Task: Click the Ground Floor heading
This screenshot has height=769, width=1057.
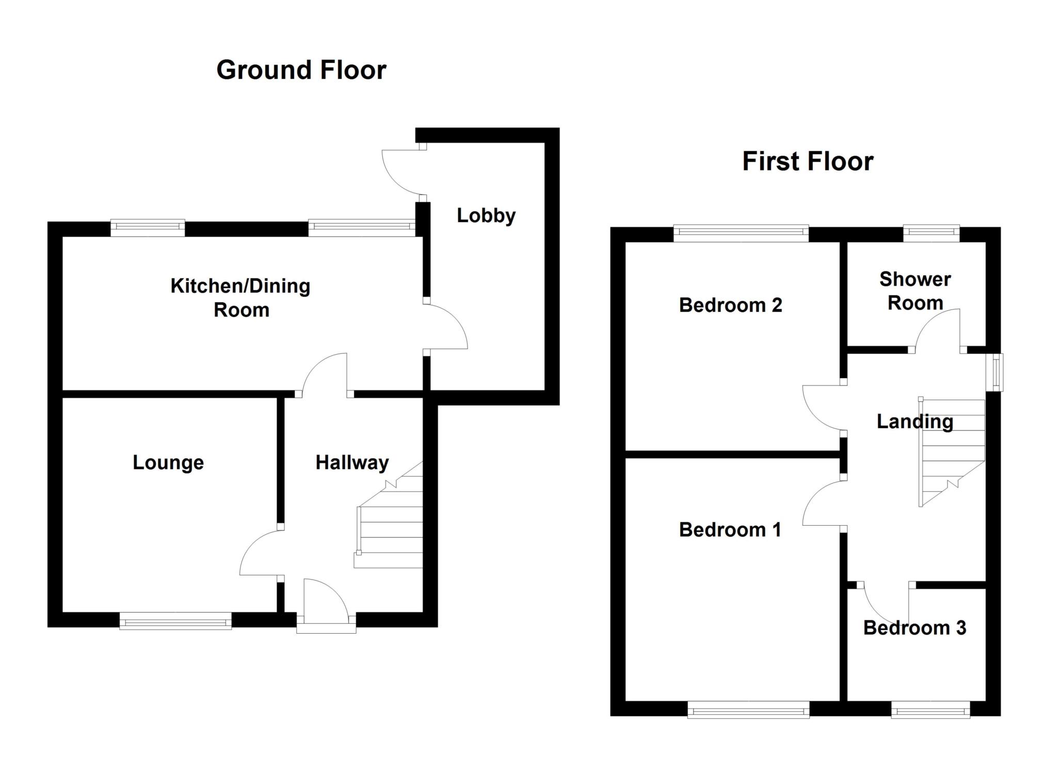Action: pyautogui.click(x=301, y=70)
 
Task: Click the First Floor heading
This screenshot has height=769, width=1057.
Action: pyautogui.click(x=807, y=161)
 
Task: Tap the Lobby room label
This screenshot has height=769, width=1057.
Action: pyautogui.click(x=486, y=215)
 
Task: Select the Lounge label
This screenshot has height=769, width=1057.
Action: pyautogui.click(x=168, y=462)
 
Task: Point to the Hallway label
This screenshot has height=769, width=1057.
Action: pyautogui.click(x=352, y=462)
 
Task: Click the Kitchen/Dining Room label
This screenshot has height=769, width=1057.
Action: pyautogui.click(x=241, y=297)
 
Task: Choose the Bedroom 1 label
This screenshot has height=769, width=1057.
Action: pyautogui.click(x=730, y=529)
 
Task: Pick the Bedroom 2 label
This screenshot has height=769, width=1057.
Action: pyautogui.click(x=730, y=305)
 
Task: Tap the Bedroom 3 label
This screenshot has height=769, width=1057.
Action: pyautogui.click(x=915, y=627)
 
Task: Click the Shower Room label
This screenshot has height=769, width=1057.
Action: pyautogui.click(x=915, y=291)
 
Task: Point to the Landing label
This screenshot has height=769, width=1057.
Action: pyautogui.click(x=915, y=421)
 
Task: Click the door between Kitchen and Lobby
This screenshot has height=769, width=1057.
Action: pyautogui.click(x=444, y=326)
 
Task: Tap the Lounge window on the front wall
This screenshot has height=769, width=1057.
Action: pyautogui.click(x=175, y=620)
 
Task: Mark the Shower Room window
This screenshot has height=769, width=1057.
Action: pyautogui.click(x=931, y=233)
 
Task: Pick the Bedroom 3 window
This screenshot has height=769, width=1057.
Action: pyautogui.click(x=930, y=710)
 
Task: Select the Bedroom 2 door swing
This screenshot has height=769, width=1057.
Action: pyautogui.click(x=823, y=408)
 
